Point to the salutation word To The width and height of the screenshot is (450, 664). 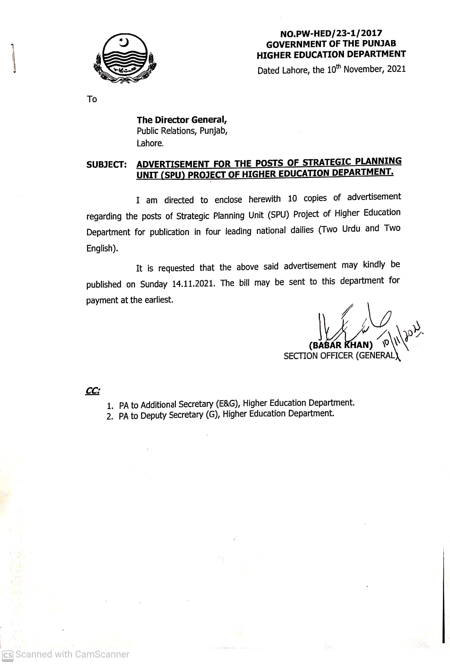coord(92,99)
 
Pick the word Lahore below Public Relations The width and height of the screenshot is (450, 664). coord(150,143)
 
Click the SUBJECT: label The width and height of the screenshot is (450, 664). coord(106,165)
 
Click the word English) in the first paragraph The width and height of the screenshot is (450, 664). coord(102,248)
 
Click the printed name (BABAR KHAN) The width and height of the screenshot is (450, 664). coord(341,345)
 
